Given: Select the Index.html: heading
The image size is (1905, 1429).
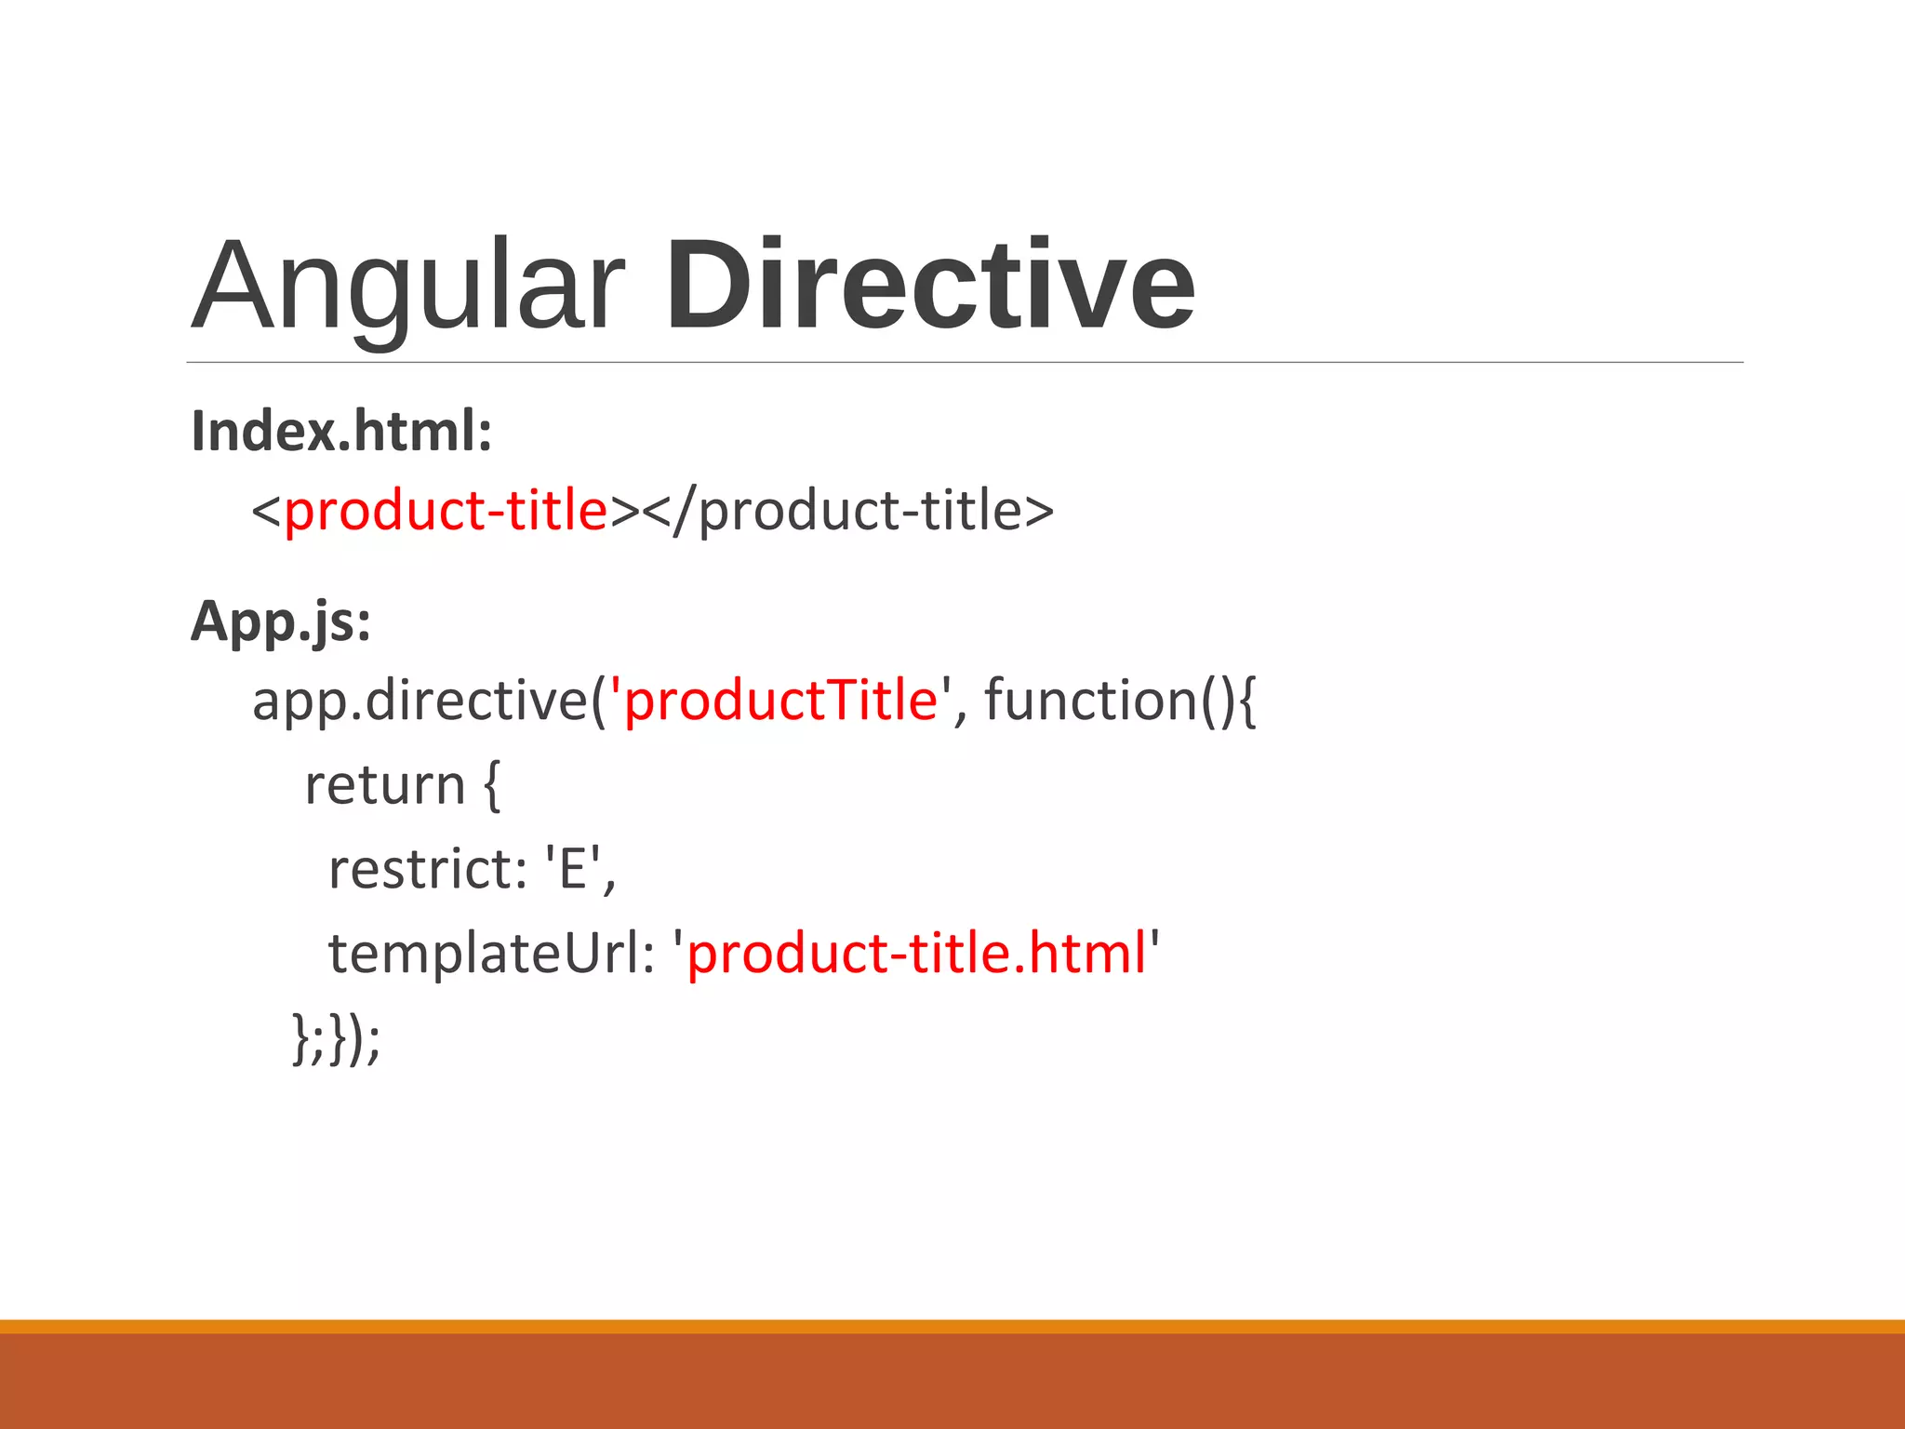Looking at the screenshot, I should click(x=341, y=432).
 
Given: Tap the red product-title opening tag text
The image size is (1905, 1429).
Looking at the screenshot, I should click(x=446, y=511).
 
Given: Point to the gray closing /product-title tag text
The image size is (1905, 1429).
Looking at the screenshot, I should click(x=860, y=511).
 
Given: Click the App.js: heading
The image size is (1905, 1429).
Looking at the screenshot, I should click(x=281, y=621).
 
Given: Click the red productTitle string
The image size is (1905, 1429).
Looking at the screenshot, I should click(x=780, y=701).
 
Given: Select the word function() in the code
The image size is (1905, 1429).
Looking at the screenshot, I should click(x=1107, y=701).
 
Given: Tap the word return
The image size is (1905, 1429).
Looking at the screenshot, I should click(x=384, y=785).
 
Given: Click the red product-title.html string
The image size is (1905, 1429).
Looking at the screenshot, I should click(x=916, y=954).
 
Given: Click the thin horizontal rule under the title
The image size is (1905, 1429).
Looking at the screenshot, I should click(x=964, y=362).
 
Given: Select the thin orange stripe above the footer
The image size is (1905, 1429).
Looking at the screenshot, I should click(x=952, y=1326).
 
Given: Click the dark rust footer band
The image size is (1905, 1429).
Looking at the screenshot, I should click(x=952, y=1382).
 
